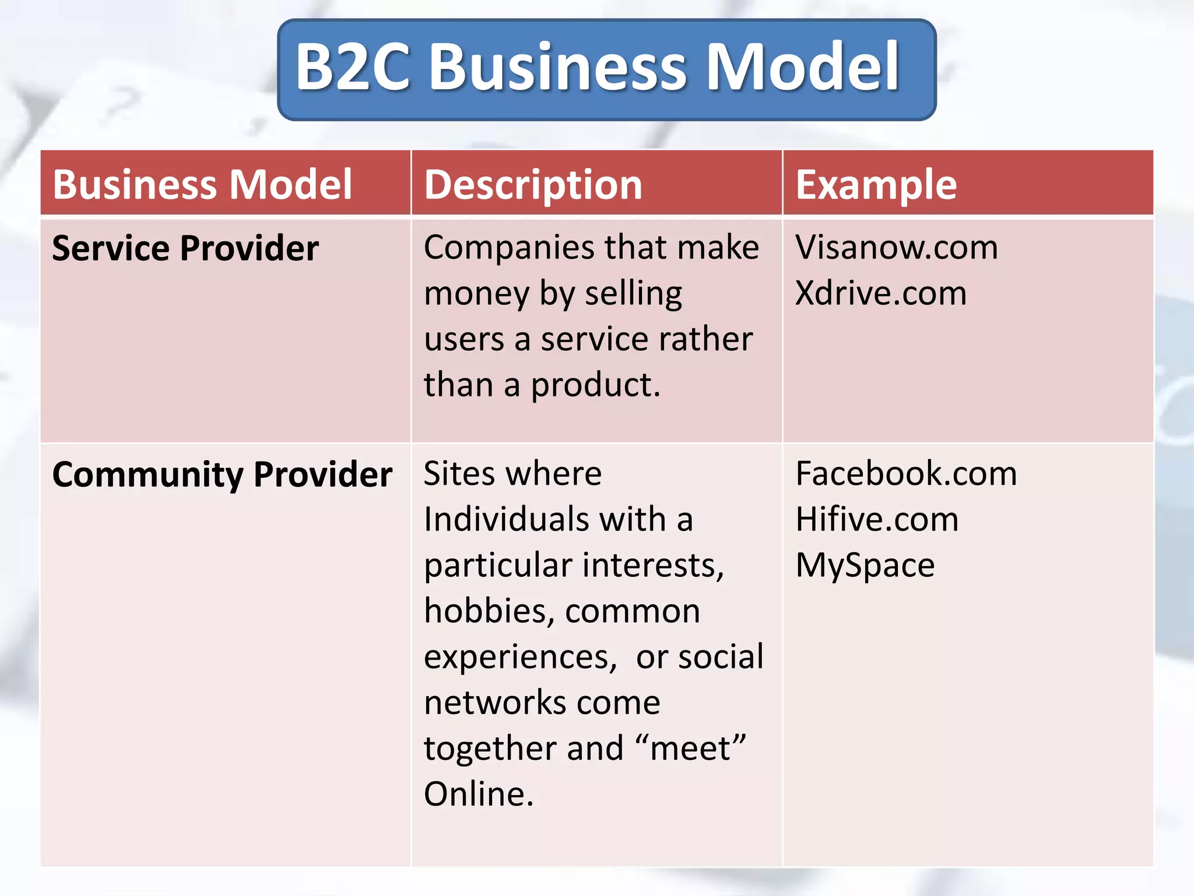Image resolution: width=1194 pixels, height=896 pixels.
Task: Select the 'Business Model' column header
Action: click(202, 184)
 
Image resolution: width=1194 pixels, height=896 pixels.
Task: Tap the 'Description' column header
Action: click(533, 184)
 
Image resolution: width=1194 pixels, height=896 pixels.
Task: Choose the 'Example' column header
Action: click(876, 184)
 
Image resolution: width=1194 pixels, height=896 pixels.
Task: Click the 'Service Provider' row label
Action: click(185, 248)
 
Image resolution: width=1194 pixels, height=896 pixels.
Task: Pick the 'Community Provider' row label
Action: click(222, 474)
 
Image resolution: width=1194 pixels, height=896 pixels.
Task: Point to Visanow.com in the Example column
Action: click(897, 247)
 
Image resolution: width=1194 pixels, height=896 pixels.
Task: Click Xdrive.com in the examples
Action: click(881, 293)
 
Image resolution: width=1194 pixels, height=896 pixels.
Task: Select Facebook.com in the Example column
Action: click(906, 473)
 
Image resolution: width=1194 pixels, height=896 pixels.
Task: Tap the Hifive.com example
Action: click(877, 519)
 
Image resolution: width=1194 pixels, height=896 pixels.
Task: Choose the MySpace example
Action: click(865, 565)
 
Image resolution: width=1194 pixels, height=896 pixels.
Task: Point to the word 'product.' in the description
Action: click(595, 386)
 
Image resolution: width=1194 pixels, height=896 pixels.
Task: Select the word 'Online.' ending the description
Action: click(479, 794)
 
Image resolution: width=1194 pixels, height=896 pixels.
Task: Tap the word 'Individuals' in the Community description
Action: click(505, 519)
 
